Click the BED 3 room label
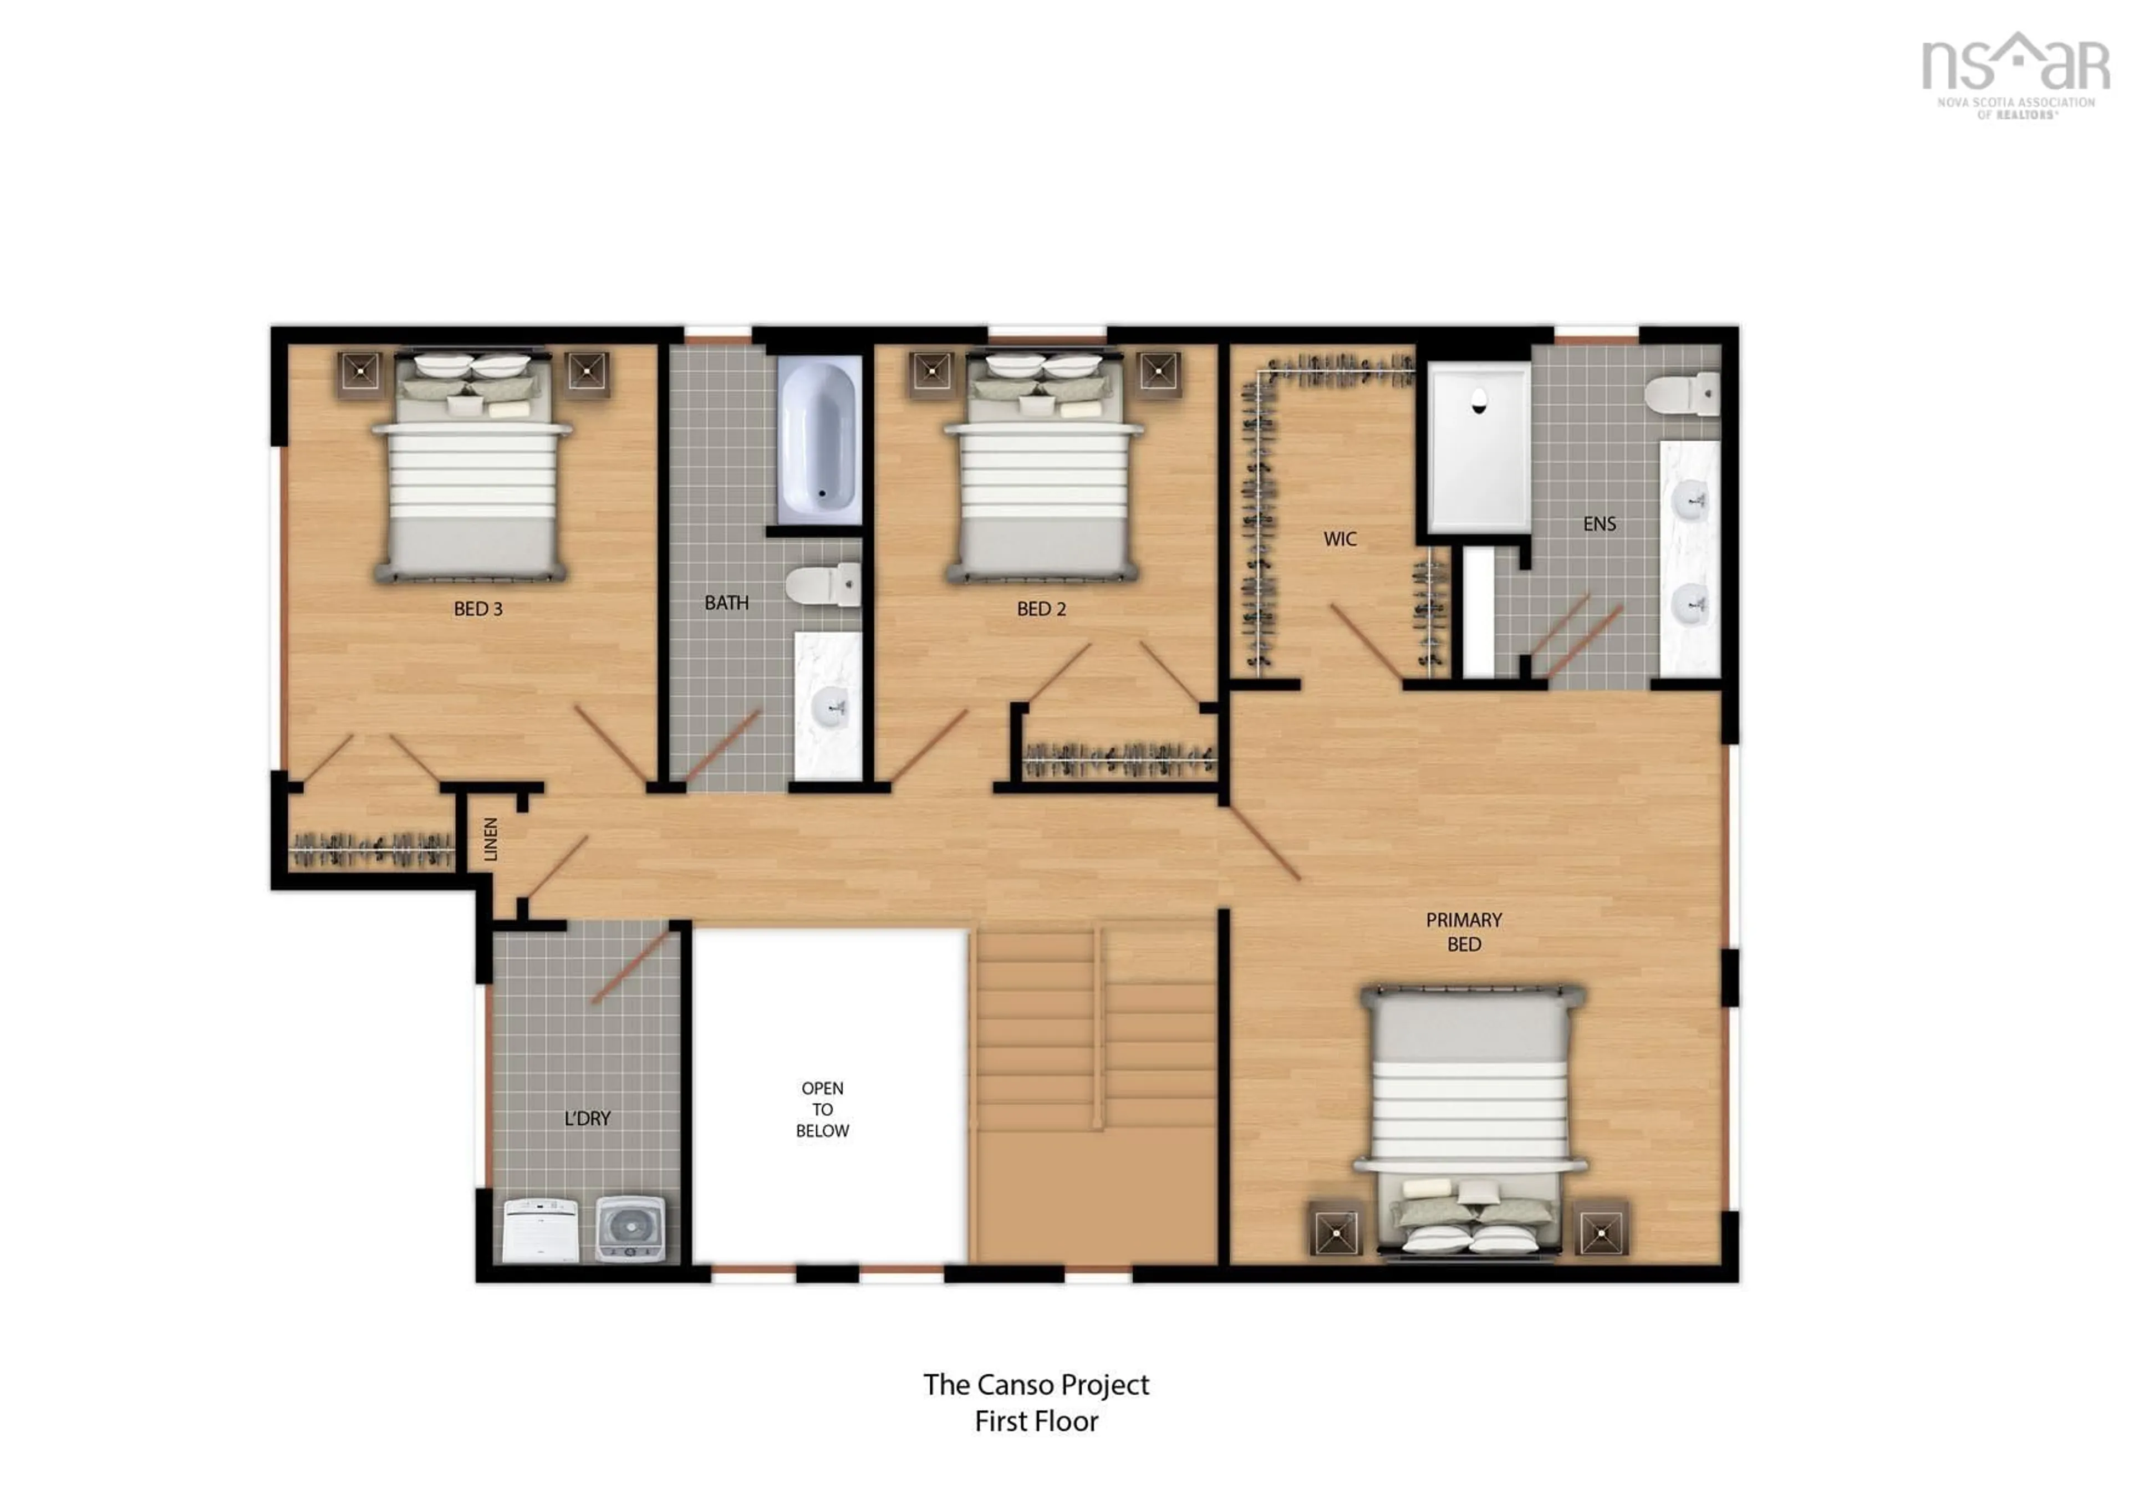[x=477, y=609]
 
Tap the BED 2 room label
[x=1041, y=609]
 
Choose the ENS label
[x=1598, y=524]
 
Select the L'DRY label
[x=587, y=1118]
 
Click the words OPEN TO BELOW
[x=822, y=1109]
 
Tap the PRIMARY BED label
[x=1463, y=931]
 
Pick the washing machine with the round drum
[x=630, y=1228]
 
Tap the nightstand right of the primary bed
[x=1601, y=1232]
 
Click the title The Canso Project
[x=1036, y=1385]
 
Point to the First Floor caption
[x=1036, y=1421]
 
